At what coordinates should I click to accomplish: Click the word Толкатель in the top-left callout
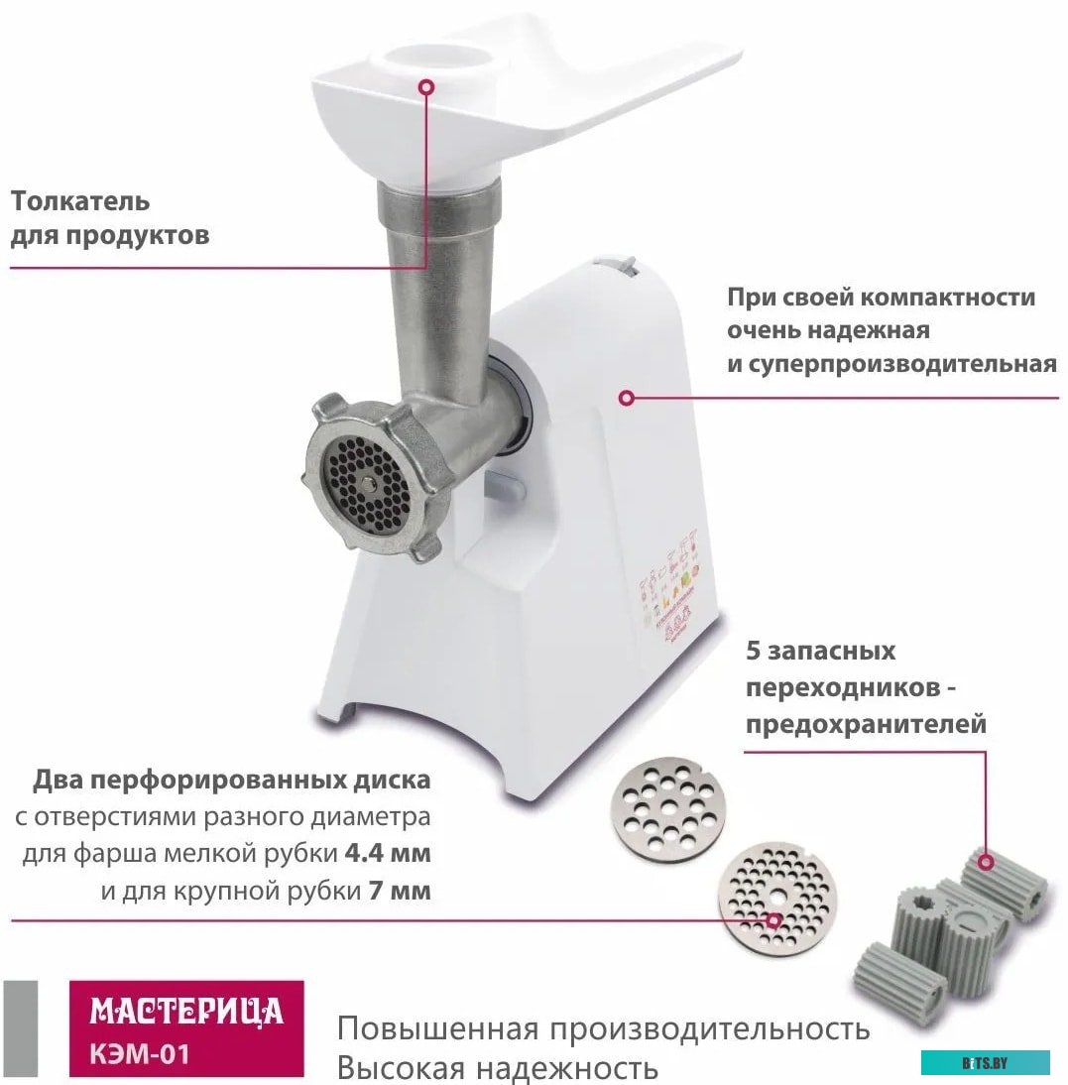(80, 201)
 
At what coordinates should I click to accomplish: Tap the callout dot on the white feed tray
(426, 87)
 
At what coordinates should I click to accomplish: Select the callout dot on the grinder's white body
(626, 398)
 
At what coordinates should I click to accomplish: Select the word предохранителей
(866, 724)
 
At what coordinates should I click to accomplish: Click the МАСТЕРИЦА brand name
(186, 1012)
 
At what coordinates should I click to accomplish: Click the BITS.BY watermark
(984, 1063)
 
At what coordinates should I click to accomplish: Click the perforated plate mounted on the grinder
(368, 483)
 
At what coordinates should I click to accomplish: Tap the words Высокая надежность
(497, 1068)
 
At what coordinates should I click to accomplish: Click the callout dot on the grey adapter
(985, 864)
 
